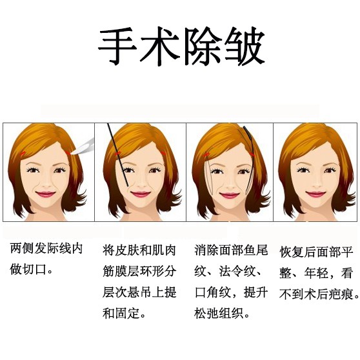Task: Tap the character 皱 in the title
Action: tap(245, 46)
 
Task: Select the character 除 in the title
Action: tap(203, 46)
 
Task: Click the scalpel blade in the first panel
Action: tap(84, 146)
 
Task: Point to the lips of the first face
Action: tap(45, 194)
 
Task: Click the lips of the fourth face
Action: tap(315, 194)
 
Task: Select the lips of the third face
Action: tap(229, 195)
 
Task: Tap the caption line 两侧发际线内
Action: tap(46, 248)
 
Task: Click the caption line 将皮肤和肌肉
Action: tap(139, 250)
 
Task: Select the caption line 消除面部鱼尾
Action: tap(231, 250)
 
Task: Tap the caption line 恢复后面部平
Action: tap(316, 252)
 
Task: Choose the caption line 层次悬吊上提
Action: tap(139, 292)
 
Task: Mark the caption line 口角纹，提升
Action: tap(231, 292)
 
